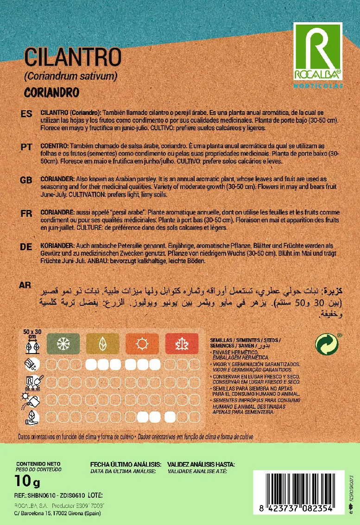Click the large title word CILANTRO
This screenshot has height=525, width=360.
pyautogui.click(x=73, y=58)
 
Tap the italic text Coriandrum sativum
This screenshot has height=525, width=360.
pyautogui.click(x=71, y=75)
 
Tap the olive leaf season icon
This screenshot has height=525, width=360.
pyautogui.click(x=102, y=344)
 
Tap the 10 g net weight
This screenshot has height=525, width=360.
pyautogui.click(x=28, y=482)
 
